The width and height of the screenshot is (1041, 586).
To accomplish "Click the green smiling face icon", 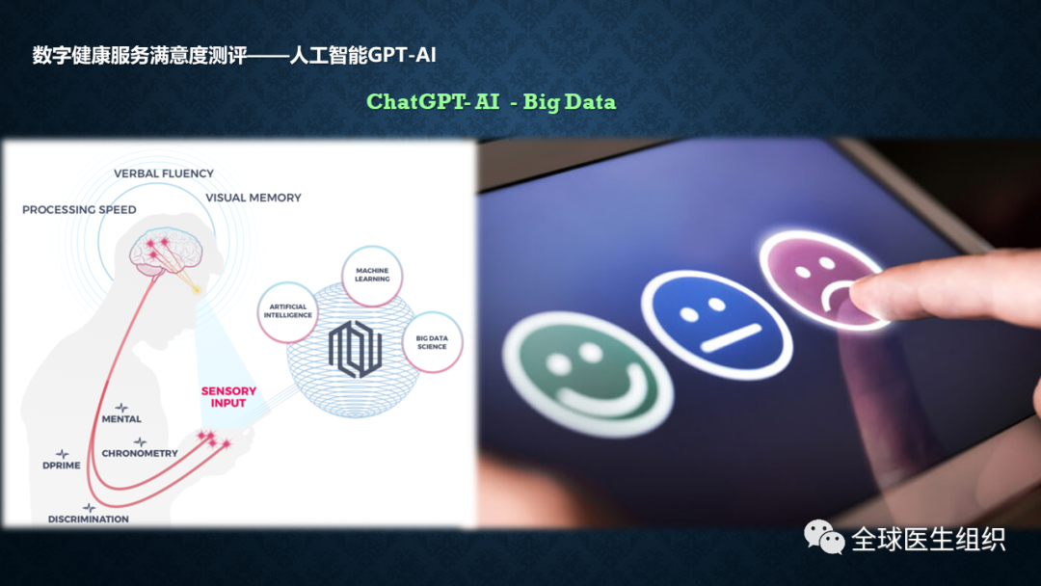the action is (x=588, y=374).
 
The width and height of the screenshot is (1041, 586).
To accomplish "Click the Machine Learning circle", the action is (x=372, y=276).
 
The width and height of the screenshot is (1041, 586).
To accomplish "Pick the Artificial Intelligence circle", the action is (x=287, y=311).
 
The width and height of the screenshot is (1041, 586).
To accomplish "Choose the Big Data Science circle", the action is (x=432, y=342).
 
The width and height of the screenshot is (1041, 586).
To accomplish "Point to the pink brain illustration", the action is (x=166, y=252).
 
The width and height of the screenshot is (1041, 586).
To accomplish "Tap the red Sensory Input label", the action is (x=228, y=397).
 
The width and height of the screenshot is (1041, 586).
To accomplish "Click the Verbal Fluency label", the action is (x=164, y=173).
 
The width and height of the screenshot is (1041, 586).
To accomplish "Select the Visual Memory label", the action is (x=253, y=198).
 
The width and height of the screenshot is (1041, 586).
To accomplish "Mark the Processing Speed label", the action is (x=79, y=210).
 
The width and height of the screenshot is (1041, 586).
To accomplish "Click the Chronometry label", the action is (x=140, y=453).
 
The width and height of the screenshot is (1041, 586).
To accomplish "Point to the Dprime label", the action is (x=61, y=466).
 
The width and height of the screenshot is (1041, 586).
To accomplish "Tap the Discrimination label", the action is (x=89, y=519).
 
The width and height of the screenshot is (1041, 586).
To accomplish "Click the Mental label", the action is (x=121, y=418).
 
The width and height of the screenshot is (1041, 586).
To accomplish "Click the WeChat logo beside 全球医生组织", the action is (x=824, y=537).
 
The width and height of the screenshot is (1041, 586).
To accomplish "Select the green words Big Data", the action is (x=569, y=102).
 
